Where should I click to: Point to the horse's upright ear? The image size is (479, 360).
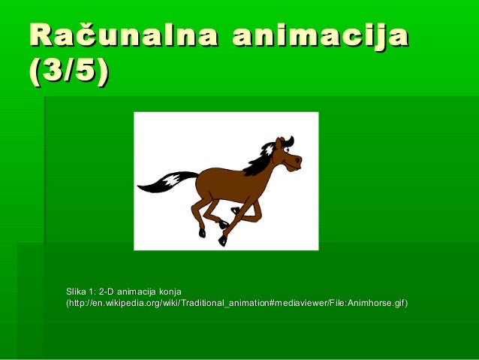(280, 143)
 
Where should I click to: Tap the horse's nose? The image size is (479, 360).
(298, 160)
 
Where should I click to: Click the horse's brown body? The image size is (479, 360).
(225, 184)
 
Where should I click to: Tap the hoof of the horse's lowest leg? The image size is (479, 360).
(222, 241)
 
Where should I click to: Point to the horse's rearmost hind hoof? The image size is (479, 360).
(202, 233)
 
